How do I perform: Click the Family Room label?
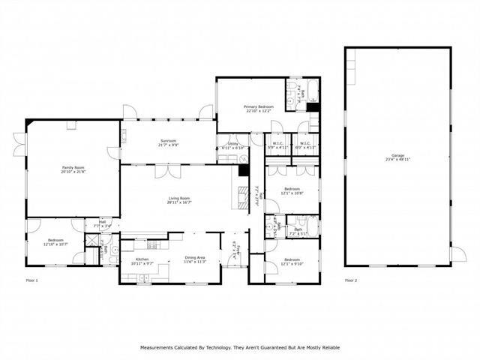73,168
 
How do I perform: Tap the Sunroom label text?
167,141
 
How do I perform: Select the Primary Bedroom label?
258,107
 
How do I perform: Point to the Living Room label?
179,198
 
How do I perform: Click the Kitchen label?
142,259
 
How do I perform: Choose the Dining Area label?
195,259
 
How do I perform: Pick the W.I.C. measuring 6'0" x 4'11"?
306,144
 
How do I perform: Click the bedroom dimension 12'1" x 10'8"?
292,192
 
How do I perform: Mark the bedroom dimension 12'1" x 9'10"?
292,264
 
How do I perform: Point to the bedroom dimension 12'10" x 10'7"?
56,244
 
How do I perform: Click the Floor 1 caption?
31,280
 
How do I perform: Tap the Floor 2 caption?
351,280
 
